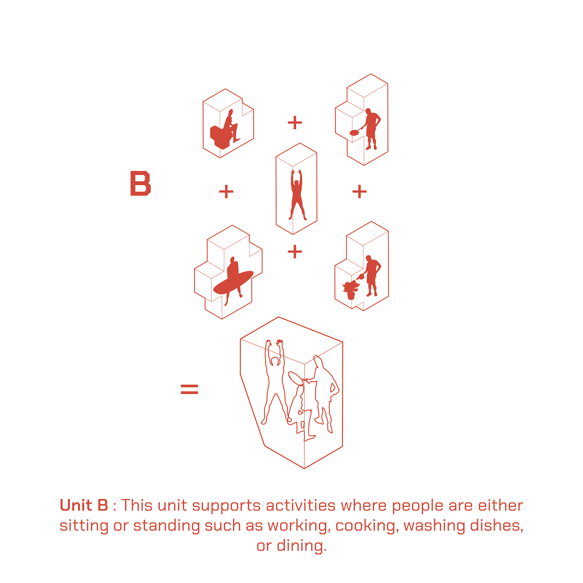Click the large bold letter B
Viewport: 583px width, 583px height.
[140, 183]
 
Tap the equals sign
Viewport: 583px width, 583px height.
[189, 389]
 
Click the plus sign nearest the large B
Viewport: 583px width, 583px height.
[226, 192]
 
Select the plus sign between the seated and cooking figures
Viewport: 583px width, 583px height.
[295, 122]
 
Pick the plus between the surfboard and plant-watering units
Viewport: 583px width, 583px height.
[295, 252]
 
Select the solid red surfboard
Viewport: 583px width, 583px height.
[233, 282]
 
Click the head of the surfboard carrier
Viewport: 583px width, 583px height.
[232, 260]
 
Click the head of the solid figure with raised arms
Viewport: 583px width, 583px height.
[297, 184]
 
